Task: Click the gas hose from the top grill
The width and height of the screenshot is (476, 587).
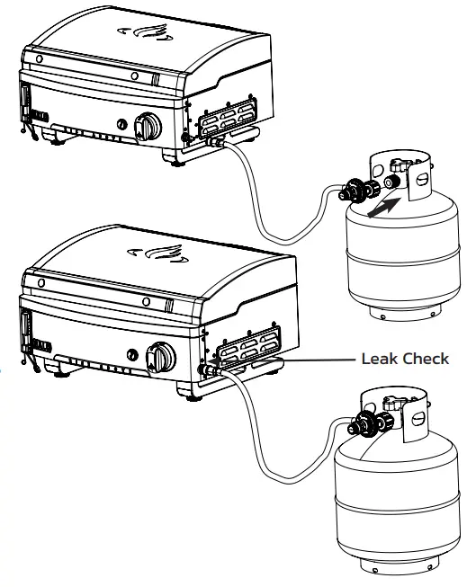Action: point(261,216)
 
